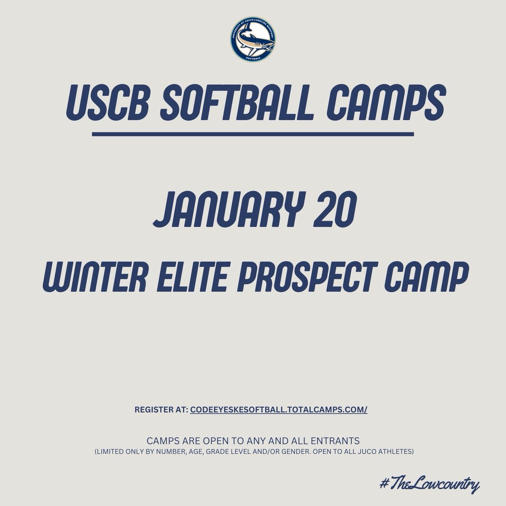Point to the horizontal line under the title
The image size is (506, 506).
pyautogui.click(x=253, y=135)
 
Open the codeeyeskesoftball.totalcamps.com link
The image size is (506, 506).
pyautogui.click(x=279, y=410)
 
